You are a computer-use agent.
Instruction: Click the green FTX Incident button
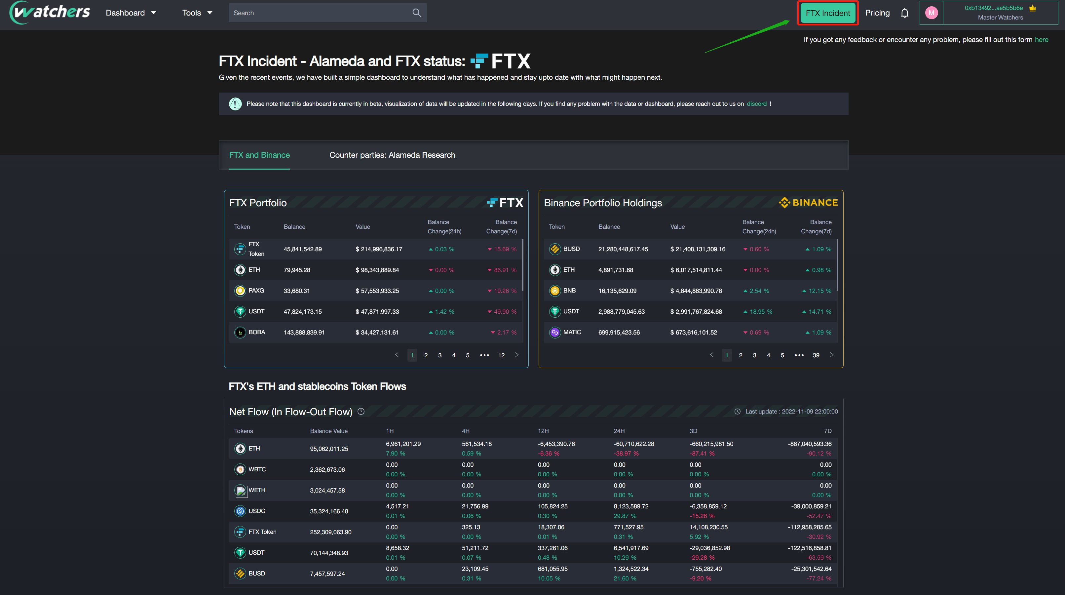827,13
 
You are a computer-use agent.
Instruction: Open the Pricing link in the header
877,13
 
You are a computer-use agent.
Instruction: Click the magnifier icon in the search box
416,13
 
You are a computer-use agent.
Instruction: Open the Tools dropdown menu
197,13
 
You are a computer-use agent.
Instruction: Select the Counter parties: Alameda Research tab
392,155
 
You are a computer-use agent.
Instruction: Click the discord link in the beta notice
756,104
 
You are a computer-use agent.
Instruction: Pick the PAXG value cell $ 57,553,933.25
377,291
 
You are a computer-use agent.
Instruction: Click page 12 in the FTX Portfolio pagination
501,355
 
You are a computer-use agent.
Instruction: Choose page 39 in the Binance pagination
816,355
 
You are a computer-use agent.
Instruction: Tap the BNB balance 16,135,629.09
617,291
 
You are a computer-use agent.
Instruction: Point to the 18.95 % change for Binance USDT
760,312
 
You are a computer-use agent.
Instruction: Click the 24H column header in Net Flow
619,431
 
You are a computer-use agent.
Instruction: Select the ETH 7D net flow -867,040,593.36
809,444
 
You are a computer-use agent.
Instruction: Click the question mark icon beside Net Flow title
361,412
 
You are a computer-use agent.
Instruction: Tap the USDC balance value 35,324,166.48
329,511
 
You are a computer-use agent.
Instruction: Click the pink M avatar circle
931,13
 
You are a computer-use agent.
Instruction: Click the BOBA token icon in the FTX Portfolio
240,333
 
